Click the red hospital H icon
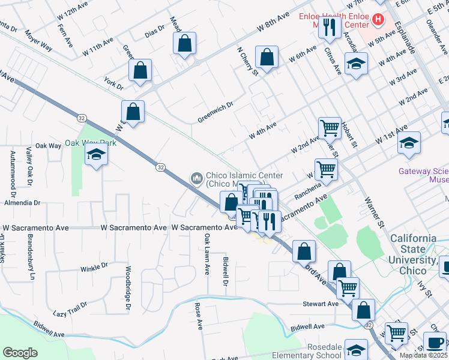point(378,19)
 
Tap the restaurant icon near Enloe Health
point(329,27)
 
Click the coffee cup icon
point(435,343)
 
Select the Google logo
point(20,353)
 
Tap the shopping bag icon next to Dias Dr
point(185,43)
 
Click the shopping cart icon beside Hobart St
point(329,127)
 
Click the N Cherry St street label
point(247,62)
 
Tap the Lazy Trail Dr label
point(70,309)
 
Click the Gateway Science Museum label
point(423,175)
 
